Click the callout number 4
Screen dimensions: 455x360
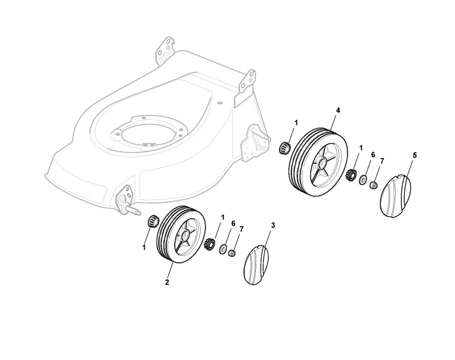point(338,110)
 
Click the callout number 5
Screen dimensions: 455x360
point(414,155)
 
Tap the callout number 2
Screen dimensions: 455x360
point(167,282)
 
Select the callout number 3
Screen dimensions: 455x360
point(273,225)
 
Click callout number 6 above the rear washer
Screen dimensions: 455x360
point(373,155)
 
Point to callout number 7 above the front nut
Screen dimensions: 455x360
point(242,229)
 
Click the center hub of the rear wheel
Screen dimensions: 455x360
point(321,163)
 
